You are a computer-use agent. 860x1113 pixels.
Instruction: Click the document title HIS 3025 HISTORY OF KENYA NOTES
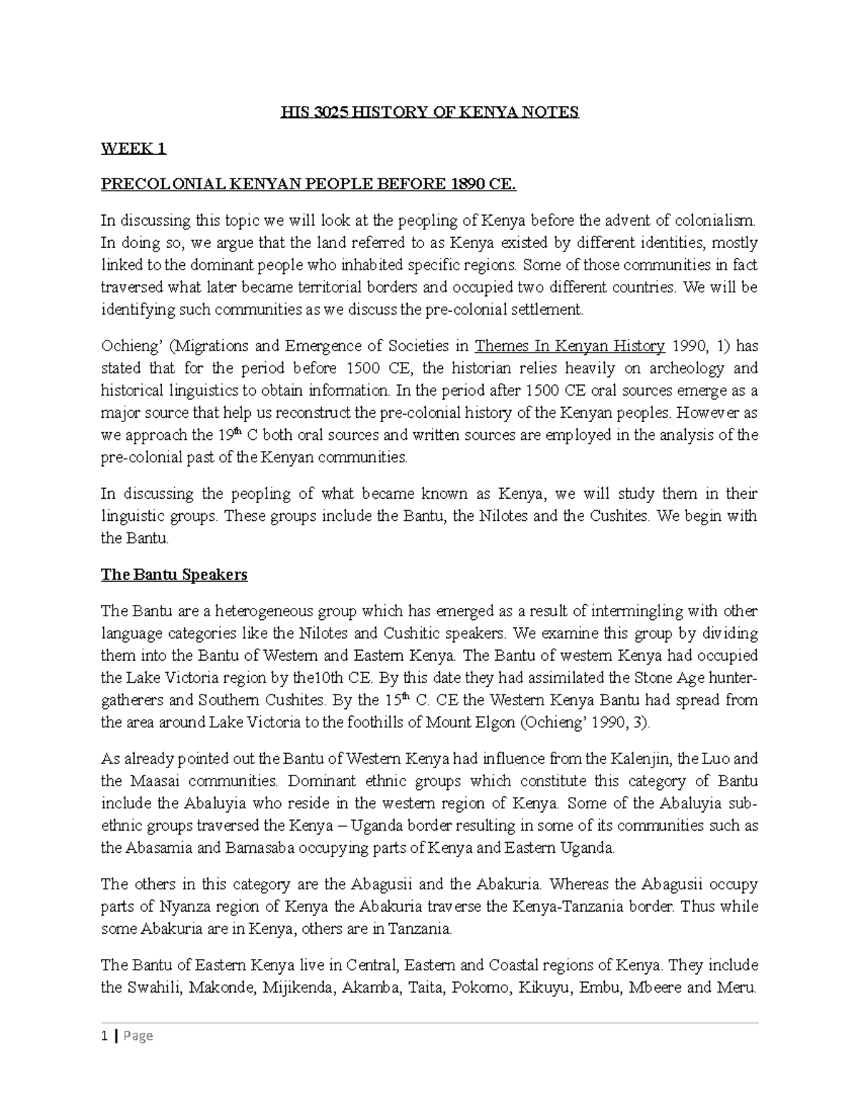coord(429,113)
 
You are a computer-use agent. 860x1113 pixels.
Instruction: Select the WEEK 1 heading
coord(133,148)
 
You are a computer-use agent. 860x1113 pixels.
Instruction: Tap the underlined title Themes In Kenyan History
coord(570,346)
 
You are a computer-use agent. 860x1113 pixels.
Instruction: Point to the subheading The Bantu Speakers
coord(174,575)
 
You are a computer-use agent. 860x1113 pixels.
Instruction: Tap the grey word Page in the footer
coord(138,1036)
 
